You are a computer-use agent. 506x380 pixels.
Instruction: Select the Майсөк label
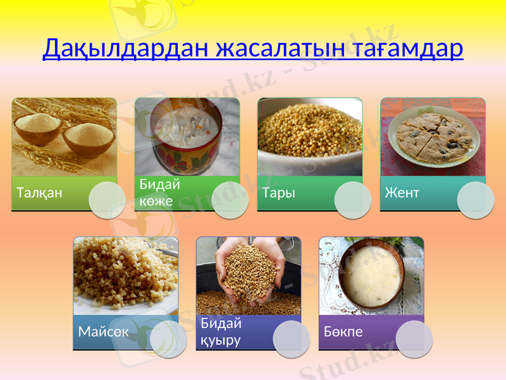(103, 332)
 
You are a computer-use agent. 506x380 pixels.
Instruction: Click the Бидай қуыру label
(221, 332)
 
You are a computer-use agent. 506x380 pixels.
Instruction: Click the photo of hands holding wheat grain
(248, 272)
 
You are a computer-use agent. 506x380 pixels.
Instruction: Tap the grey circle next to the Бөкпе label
(414, 339)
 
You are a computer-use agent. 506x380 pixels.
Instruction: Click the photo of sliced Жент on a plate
(432, 134)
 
